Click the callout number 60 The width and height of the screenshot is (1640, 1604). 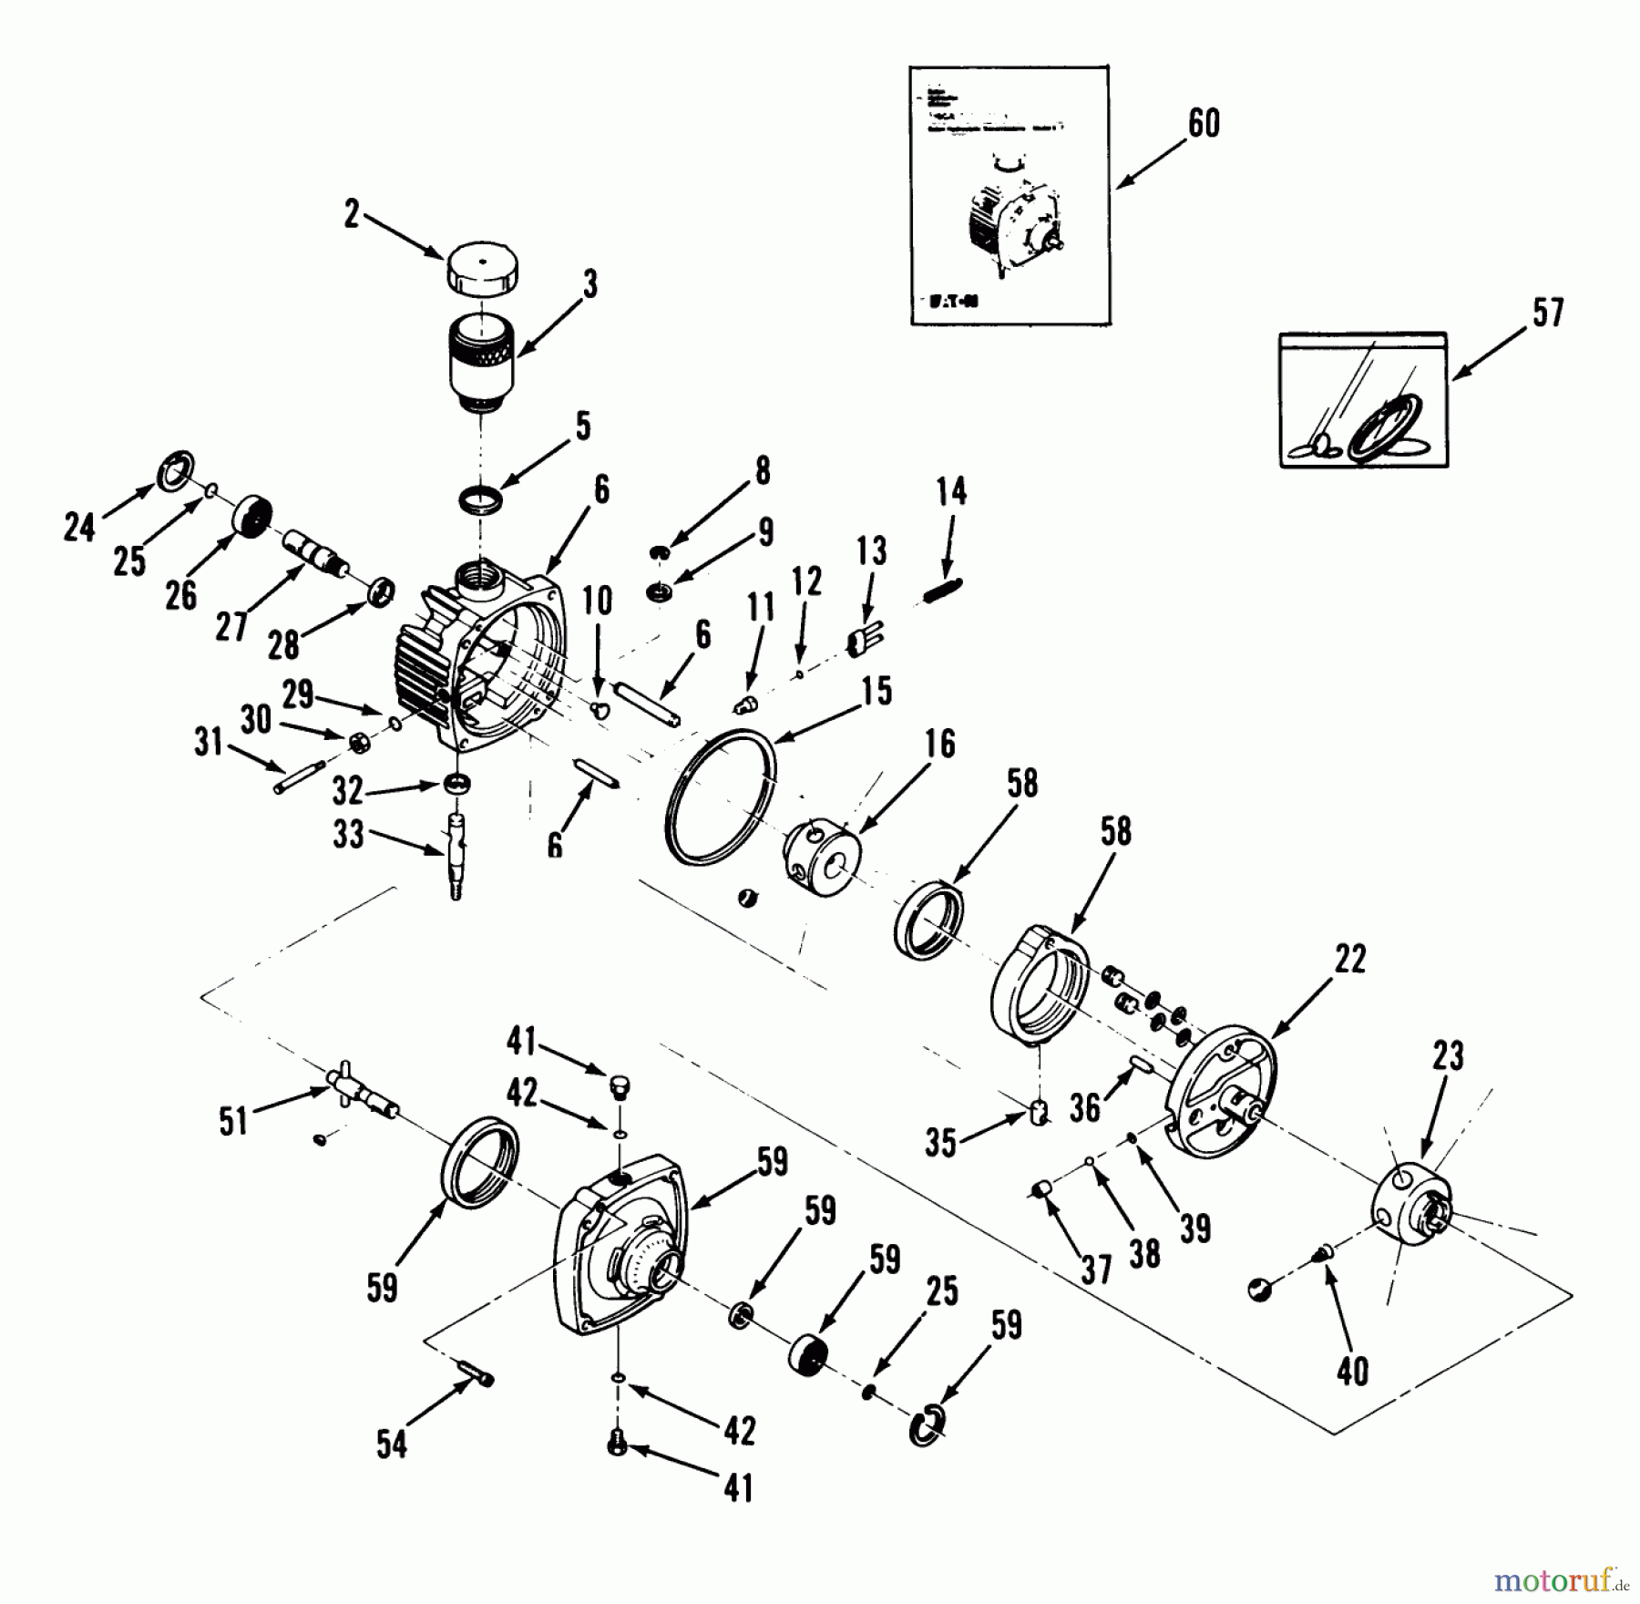click(1204, 123)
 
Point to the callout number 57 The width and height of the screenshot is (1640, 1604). click(1547, 312)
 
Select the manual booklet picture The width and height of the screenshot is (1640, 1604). click(1010, 195)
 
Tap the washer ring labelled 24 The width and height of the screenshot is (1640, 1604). click(175, 469)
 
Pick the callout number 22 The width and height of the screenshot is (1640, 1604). click(1349, 959)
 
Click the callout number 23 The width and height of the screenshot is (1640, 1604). click(1447, 1055)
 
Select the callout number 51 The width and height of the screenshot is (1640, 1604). click(233, 1120)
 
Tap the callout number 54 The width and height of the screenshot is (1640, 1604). click(392, 1445)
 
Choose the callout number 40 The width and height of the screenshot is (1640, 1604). click(1352, 1371)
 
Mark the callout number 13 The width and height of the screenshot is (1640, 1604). click(871, 550)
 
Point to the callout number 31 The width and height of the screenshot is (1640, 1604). click(209, 742)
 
